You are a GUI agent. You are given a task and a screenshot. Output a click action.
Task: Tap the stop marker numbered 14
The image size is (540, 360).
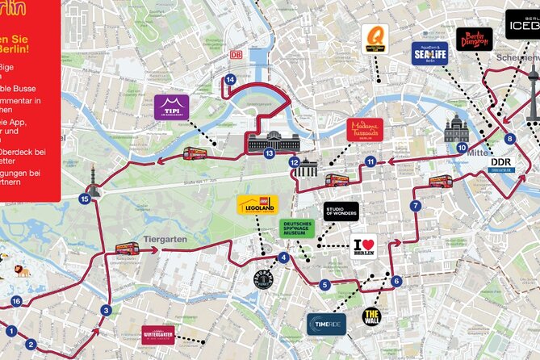(x=230, y=79)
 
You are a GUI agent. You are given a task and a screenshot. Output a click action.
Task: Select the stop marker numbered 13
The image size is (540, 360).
(x=269, y=153)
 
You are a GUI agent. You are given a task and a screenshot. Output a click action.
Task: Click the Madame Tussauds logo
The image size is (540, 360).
(x=364, y=131)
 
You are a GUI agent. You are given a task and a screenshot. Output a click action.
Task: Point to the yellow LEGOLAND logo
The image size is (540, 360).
(x=257, y=205)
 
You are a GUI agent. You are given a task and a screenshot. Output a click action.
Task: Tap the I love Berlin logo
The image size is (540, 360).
(x=364, y=246)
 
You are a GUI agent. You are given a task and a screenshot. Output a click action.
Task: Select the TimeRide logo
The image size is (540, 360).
(x=326, y=324)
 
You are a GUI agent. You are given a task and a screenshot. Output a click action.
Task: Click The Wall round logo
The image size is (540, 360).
(x=371, y=316)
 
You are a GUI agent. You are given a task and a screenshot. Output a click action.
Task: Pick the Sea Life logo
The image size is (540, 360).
(x=429, y=53)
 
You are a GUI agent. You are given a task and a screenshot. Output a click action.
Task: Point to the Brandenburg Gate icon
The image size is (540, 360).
(x=306, y=169)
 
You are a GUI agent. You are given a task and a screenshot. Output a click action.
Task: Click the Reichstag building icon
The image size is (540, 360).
(x=274, y=142)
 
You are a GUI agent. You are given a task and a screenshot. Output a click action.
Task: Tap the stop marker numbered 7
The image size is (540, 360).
(x=415, y=206)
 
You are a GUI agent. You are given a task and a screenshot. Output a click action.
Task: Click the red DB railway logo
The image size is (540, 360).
(x=236, y=55)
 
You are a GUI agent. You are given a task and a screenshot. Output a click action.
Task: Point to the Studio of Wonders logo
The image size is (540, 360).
(x=341, y=211)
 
